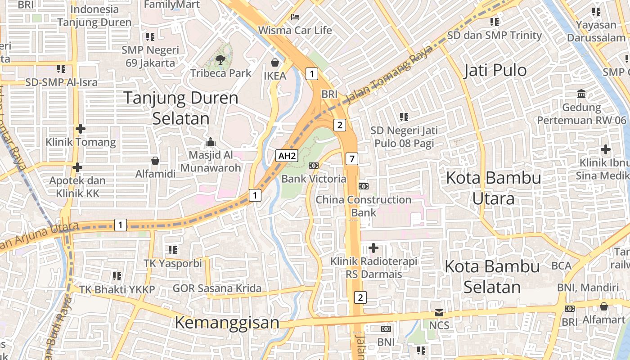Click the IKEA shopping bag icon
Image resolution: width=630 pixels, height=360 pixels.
(x=274, y=62)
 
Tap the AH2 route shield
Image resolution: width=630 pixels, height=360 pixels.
(x=287, y=156)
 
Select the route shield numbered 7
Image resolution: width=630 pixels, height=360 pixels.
(x=352, y=158)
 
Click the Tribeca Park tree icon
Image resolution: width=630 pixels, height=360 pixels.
(x=220, y=59)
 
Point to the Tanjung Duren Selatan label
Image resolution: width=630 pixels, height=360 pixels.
(x=181, y=108)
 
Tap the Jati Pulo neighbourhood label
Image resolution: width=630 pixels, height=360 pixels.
(x=495, y=70)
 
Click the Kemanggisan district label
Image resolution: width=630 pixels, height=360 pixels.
(x=227, y=322)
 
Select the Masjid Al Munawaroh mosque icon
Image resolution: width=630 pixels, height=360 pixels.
(x=210, y=142)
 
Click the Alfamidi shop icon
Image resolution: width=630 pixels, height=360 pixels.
(x=155, y=161)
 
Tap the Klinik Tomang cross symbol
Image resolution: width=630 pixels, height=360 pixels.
(x=81, y=129)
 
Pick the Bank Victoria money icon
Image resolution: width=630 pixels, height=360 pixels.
(x=314, y=166)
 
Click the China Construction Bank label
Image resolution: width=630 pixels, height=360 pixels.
(x=364, y=206)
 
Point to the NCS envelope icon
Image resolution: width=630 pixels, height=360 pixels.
(x=439, y=312)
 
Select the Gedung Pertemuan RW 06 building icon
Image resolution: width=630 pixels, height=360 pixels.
(x=581, y=94)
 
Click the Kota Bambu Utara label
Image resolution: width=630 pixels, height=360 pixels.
(x=493, y=188)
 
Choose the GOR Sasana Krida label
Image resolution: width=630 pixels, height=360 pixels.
(x=217, y=288)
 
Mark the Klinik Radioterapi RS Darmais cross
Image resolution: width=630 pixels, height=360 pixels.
(x=373, y=247)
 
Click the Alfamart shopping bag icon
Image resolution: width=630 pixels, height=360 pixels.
(x=603, y=306)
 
